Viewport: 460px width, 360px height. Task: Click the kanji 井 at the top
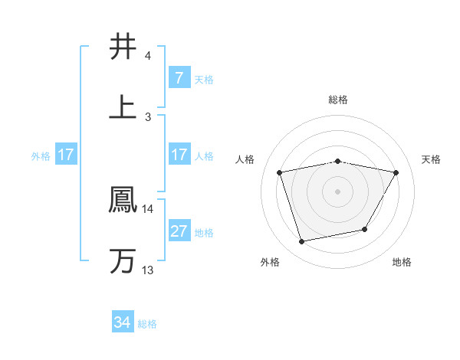[x=123, y=47]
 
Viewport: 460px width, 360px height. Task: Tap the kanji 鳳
[x=123, y=200]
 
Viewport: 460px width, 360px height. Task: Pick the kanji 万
[x=123, y=261]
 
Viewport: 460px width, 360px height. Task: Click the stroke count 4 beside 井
[x=148, y=56]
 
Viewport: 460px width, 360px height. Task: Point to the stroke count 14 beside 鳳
[x=148, y=208]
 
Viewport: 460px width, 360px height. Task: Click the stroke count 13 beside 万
[x=148, y=270]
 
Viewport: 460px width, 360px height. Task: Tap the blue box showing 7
[x=179, y=77]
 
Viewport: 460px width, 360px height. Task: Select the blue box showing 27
[x=179, y=231]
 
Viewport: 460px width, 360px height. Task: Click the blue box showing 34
[x=123, y=323]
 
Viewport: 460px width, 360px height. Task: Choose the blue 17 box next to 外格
[x=66, y=155]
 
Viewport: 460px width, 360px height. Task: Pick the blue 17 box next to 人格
[x=179, y=155]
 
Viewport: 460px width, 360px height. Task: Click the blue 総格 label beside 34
[x=147, y=324]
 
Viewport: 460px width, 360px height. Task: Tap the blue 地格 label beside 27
[x=204, y=232]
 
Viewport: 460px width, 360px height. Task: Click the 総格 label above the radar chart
[x=338, y=100]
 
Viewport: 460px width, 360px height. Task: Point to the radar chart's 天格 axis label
[x=432, y=159]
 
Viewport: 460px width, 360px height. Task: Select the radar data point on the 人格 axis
[x=280, y=172]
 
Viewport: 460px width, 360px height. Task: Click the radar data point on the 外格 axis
[x=302, y=241]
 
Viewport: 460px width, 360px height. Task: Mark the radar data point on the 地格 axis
[x=365, y=229]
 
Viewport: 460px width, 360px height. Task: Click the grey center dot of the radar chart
[x=338, y=191]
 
